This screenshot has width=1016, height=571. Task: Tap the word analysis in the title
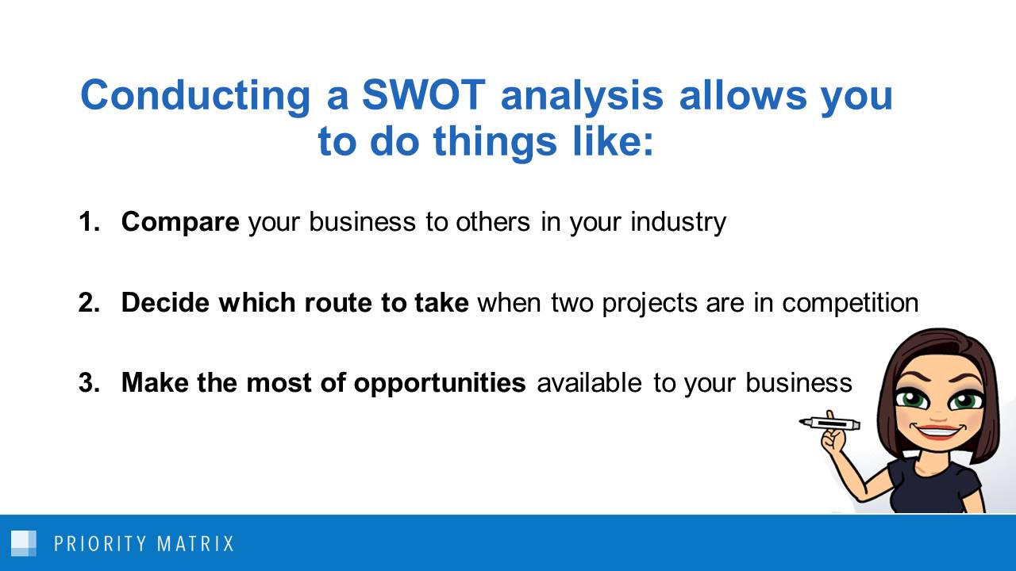tap(582, 96)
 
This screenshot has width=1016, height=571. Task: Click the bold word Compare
tap(179, 222)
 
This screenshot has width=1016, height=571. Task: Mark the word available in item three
tap(589, 383)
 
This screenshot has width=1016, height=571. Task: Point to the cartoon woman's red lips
tap(937, 432)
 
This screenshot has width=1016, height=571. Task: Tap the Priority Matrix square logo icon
tap(24, 543)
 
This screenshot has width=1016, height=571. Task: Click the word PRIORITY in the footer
tap(100, 544)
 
